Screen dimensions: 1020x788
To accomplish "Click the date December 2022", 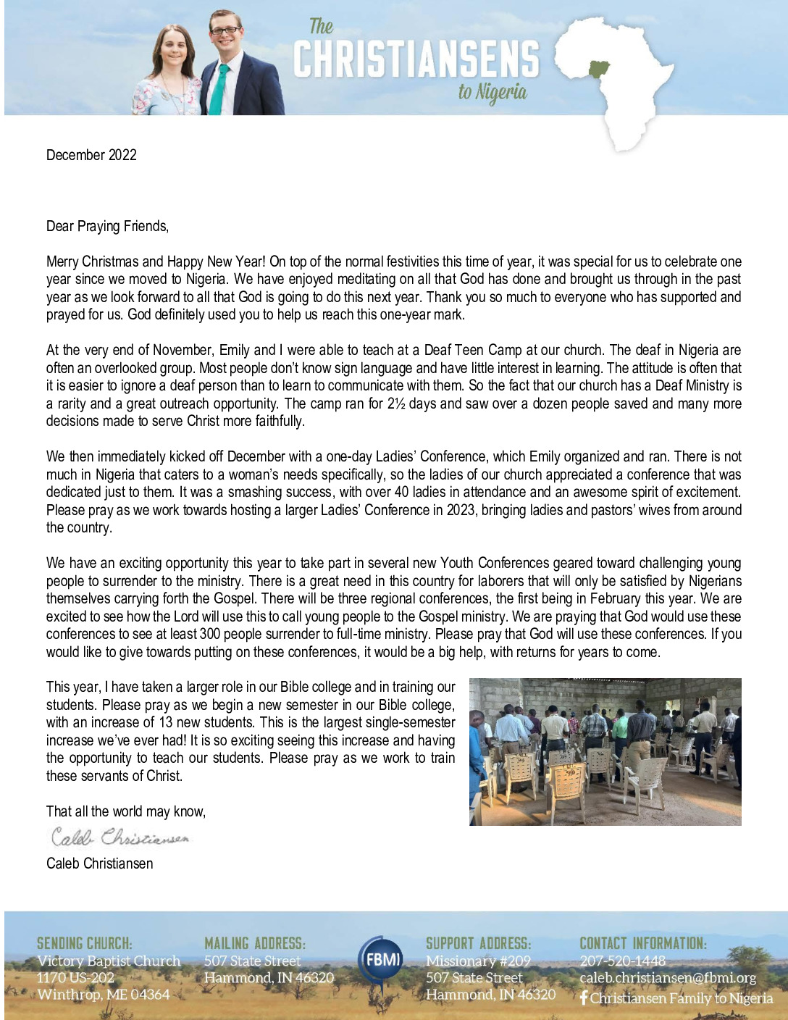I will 91,155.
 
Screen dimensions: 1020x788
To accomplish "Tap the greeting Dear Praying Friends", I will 107,227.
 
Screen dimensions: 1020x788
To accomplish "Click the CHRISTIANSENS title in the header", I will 416,59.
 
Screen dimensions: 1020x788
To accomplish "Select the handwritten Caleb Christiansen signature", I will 120,838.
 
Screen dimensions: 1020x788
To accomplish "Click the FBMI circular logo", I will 381,962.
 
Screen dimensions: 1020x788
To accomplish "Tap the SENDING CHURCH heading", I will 85,943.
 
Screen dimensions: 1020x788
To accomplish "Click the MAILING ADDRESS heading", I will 255,943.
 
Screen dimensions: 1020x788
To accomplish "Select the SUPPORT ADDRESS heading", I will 478,943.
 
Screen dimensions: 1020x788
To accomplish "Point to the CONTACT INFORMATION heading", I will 642,943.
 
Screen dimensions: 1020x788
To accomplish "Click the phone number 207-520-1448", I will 622,961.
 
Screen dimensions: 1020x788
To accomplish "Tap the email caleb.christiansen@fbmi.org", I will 667,978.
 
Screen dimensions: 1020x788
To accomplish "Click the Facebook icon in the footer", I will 584,998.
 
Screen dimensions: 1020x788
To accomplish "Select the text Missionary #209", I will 478,961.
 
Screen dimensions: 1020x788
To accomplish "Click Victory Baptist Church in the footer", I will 109,961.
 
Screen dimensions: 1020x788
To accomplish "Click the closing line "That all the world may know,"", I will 126,811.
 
